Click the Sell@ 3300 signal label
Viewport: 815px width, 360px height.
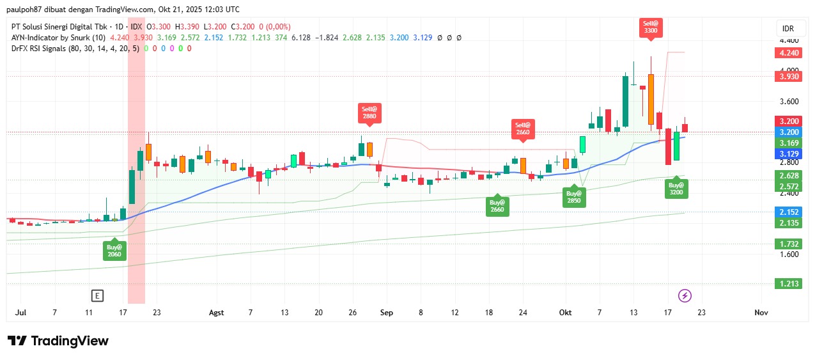(x=650, y=27)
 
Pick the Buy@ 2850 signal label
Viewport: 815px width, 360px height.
(x=573, y=196)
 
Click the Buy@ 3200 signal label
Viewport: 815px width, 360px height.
(x=676, y=188)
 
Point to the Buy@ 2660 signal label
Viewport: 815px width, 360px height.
(x=497, y=205)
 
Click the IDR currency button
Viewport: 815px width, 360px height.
(x=788, y=29)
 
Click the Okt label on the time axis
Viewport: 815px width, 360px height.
(x=565, y=313)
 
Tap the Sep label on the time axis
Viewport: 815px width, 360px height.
(x=385, y=313)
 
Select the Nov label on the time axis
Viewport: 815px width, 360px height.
(x=761, y=313)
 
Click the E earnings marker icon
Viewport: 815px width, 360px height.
(x=97, y=295)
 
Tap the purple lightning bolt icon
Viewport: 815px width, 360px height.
(x=685, y=295)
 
